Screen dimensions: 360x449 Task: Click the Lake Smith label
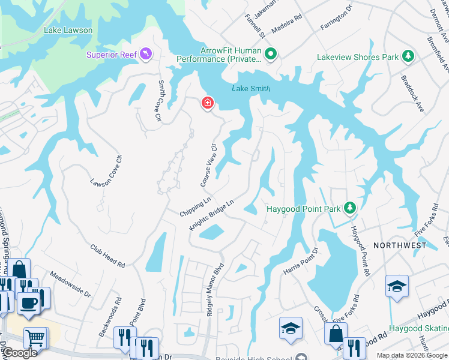coord(251,89)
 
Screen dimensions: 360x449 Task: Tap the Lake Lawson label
coord(68,30)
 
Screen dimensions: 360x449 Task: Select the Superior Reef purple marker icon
coord(146,55)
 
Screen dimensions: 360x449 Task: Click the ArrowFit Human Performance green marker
coord(271,55)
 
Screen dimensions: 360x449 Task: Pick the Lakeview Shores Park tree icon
coord(408,57)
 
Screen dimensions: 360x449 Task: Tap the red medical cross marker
coord(208,104)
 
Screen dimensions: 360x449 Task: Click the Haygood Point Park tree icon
coord(350,209)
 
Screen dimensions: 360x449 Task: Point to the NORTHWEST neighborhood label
coord(400,245)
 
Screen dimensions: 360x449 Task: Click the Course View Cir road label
coord(208,164)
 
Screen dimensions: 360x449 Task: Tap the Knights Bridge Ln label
coord(211,215)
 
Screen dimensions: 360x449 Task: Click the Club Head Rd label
coord(107,256)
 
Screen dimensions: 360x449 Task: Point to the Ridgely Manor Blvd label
coord(215,290)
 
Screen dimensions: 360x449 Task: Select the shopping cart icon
coord(36,338)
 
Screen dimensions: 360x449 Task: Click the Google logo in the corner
coord(19,353)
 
